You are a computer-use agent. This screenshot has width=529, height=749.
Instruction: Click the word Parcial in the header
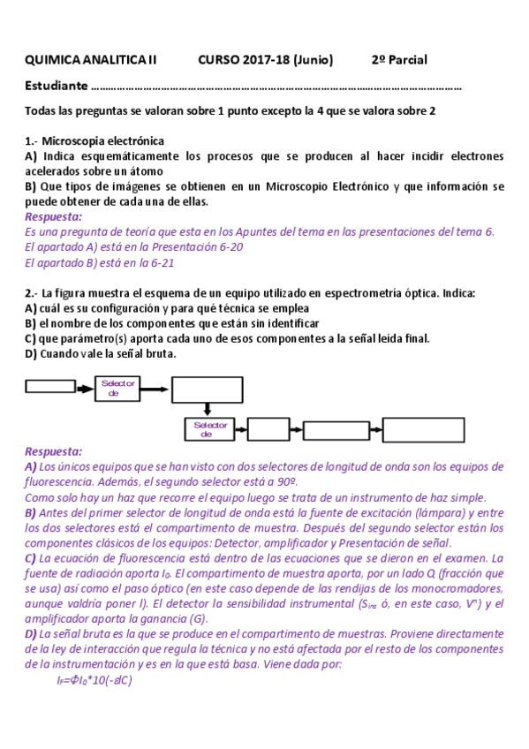[x=407, y=60]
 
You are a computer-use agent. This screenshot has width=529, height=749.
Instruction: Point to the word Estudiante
[x=57, y=87]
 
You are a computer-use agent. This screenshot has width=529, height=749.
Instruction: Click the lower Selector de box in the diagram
[x=208, y=430]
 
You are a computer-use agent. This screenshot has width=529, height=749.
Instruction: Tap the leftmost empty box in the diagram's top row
[x=50, y=386]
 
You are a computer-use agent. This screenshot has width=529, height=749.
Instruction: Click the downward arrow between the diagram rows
[x=206, y=410]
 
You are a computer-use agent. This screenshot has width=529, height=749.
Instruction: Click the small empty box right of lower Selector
[x=267, y=430]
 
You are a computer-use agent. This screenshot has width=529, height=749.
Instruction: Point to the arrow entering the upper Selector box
[x=85, y=386]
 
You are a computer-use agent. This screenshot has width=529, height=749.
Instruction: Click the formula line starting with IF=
[x=94, y=680]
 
